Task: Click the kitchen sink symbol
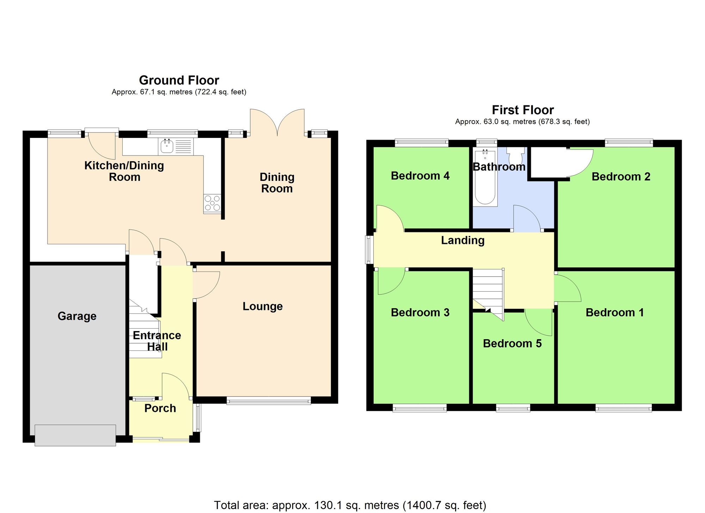[x=167, y=146]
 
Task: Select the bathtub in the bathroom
[x=485, y=178]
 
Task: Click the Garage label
[x=77, y=316]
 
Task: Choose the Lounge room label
[x=263, y=306]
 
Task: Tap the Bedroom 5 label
[x=512, y=343]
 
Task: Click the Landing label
[x=462, y=240]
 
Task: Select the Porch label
[x=160, y=408]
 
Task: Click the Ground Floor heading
[x=179, y=80]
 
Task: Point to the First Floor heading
[x=522, y=110]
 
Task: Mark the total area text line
[x=350, y=505]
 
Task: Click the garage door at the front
[x=75, y=435]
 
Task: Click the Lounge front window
[x=269, y=401]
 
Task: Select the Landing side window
[x=369, y=250]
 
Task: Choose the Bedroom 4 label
[x=420, y=176]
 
